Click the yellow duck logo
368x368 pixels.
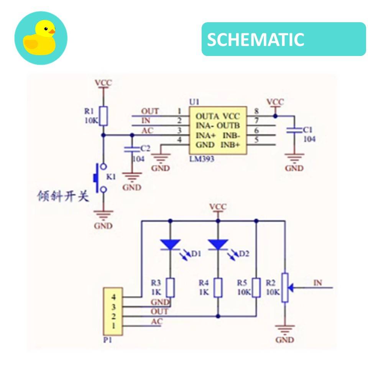41,38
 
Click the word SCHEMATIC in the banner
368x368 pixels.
256,39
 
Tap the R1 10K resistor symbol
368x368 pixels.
103,116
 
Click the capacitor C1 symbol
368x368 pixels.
294,130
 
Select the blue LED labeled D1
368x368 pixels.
170,244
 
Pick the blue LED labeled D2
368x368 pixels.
218,244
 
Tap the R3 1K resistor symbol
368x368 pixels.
170,288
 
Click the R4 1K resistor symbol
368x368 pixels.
218,288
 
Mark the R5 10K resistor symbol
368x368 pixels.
256,288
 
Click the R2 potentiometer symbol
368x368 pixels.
285,287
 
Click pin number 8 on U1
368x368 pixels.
256,112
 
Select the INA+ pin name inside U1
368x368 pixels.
207,135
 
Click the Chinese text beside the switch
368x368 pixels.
63,196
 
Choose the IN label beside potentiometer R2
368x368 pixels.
318,283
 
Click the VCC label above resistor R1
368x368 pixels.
103,83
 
